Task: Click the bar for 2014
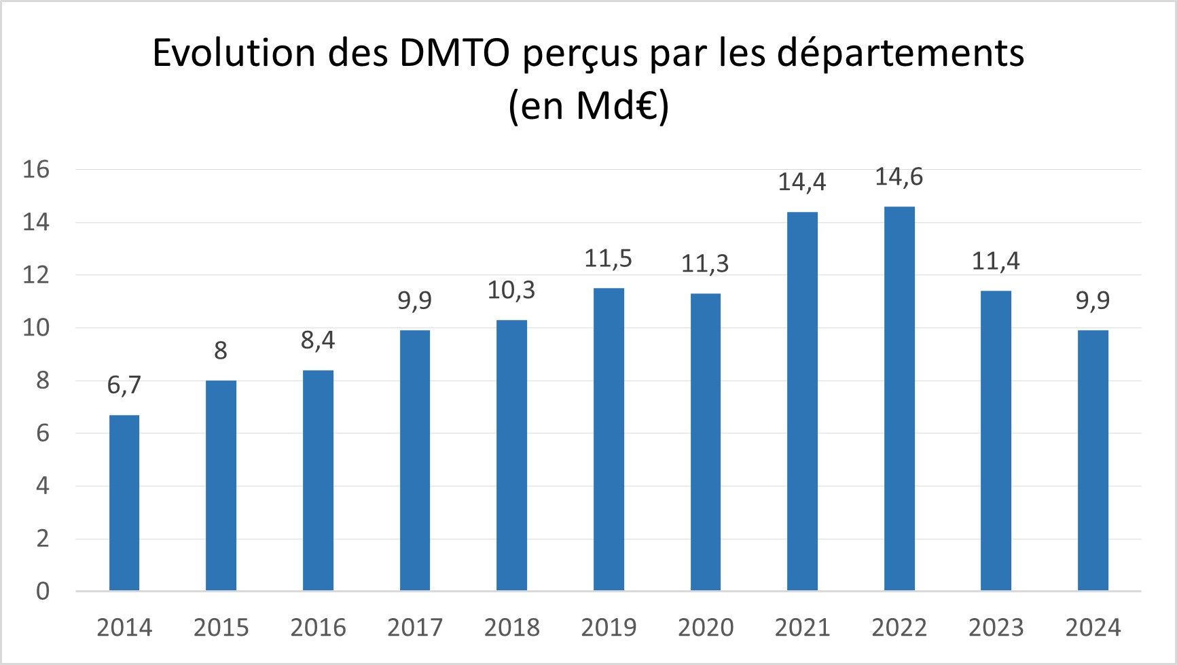[x=124, y=503]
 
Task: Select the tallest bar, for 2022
[x=899, y=399]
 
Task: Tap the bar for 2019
[x=609, y=439]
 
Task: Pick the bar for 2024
[x=1093, y=461]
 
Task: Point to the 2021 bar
[x=802, y=401]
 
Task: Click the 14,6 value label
[x=899, y=177]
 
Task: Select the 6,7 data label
[x=124, y=385]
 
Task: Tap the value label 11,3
[x=705, y=264]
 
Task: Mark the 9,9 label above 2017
[x=415, y=300]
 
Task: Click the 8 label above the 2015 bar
[x=221, y=351]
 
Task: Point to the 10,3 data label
[x=511, y=291]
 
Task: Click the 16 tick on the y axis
[x=37, y=170]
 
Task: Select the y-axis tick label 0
[x=43, y=592]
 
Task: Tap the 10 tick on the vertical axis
[x=37, y=328]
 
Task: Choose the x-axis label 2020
[x=706, y=628]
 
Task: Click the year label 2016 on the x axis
[x=318, y=628]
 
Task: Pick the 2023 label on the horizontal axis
[x=996, y=628]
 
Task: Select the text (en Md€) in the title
[x=589, y=107]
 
